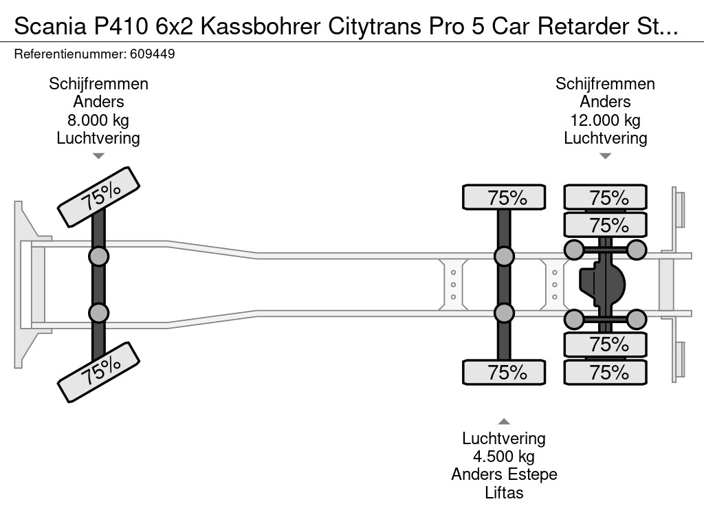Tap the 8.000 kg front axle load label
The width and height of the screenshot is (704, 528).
point(98,120)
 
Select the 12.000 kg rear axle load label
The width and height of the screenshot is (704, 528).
point(605,120)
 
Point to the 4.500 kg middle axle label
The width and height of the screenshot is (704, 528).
point(504,456)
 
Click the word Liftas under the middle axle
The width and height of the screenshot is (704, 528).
point(504,492)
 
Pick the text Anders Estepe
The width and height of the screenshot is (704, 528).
point(504,474)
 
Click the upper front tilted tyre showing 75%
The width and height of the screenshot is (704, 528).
point(99,197)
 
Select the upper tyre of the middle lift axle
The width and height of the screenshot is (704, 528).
point(504,197)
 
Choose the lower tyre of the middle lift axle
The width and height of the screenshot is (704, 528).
point(504,373)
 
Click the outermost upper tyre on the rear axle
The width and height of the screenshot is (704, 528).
point(606,197)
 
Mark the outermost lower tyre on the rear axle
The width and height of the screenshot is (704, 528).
point(606,373)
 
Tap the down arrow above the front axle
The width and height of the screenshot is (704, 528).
point(98,156)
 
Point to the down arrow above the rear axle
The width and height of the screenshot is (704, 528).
point(605,156)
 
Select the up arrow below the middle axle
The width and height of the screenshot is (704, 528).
point(504,421)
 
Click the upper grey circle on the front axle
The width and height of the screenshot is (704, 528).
point(98,256)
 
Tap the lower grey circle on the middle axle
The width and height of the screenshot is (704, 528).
point(504,313)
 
